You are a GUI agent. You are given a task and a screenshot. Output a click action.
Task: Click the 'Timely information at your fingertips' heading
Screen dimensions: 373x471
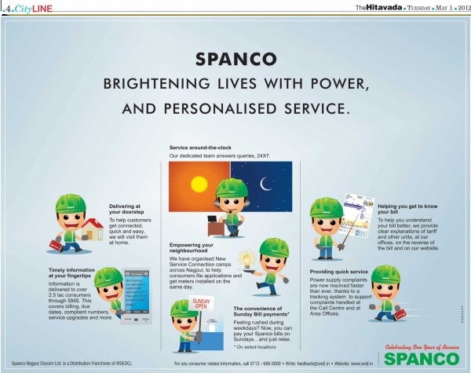coord(71,272)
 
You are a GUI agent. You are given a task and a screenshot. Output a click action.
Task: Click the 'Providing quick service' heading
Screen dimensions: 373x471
coord(340,271)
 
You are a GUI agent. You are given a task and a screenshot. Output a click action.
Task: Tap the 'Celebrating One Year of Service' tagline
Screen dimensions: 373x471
coord(417,346)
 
